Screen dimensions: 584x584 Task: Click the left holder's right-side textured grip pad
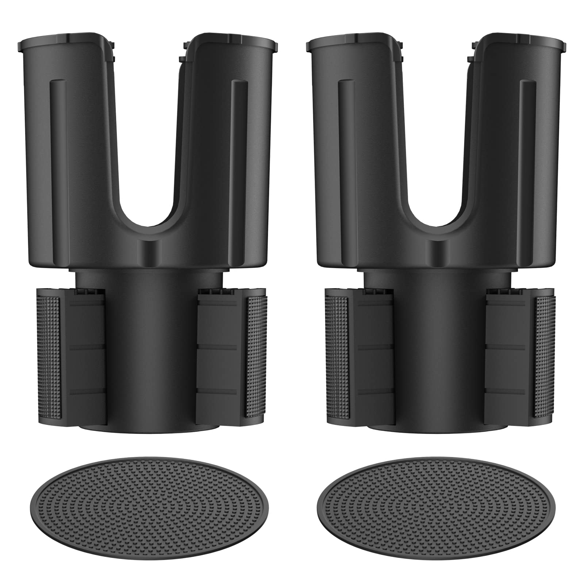(257, 356)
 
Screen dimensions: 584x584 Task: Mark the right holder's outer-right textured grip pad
(544, 356)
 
